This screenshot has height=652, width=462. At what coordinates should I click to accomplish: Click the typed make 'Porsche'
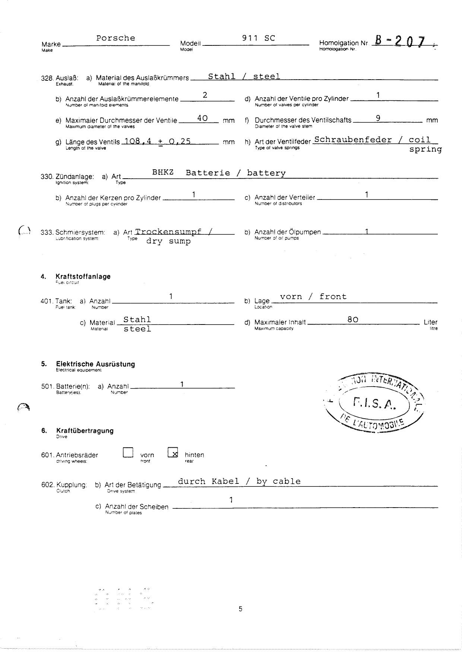coord(115,38)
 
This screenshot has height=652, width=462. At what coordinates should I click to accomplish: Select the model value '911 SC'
coord(258,38)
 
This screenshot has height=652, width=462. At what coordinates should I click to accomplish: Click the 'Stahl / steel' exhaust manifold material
coord(244,77)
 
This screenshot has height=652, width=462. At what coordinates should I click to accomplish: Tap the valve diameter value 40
coord(202,118)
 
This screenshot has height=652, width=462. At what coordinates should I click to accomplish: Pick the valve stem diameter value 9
coord(378,118)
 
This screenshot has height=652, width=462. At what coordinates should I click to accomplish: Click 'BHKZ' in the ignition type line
coord(163,173)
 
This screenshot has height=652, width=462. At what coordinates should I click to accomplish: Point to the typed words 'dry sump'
coord(168,241)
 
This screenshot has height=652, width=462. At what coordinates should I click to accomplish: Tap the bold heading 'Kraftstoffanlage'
coord(83,277)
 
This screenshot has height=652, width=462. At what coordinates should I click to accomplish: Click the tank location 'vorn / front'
coord(313,297)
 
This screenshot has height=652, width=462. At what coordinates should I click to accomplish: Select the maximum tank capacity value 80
coord(352,319)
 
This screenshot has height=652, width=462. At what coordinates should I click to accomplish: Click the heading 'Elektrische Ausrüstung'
coord(95,364)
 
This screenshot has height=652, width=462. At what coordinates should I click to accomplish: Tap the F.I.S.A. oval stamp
coord(375,402)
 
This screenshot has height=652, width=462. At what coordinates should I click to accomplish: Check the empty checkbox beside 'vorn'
coord(128,452)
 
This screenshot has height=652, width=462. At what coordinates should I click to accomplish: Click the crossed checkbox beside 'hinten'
coord(173,452)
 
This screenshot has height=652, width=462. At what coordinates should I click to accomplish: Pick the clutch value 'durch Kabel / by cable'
coord(239,481)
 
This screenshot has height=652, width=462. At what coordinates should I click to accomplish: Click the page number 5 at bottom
coord(240,609)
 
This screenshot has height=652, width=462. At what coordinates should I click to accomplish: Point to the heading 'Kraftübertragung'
coord(85,431)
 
